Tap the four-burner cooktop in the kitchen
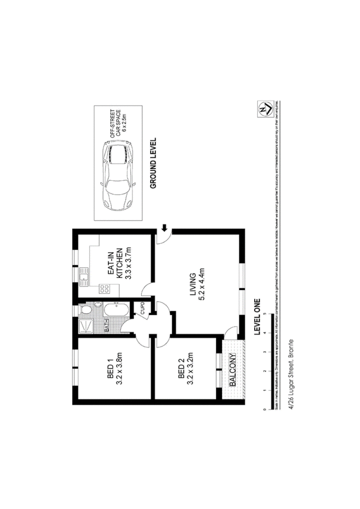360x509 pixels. pyautogui.click(x=104, y=289)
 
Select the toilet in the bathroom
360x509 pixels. pyautogui.click(x=85, y=311)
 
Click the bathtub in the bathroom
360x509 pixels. pyautogui.click(x=116, y=310)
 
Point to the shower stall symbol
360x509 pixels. pyautogui.click(x=85, y=325)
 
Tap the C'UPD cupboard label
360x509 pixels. pyautogui.click(x=141, y=308)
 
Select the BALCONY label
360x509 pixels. pyautogui.click(x=233, y=370)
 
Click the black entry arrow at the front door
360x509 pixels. pyautogui.click(x=164, y=229)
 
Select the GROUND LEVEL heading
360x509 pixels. pyautogui.click(x=153, y=163)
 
